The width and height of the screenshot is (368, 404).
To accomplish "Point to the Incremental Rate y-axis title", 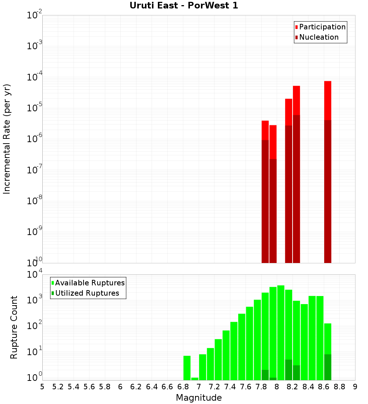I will [7, 139].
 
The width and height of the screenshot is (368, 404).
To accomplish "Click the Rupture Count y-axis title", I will [14, 327].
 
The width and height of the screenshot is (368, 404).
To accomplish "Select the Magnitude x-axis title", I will [199, 398].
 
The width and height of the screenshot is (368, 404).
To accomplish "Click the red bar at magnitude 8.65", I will [328, 99].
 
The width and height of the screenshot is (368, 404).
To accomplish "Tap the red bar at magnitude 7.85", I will [265, 130].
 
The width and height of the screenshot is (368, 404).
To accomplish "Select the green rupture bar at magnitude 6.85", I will [187, 367].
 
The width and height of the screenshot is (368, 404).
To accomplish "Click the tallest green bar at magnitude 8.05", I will [281, 331].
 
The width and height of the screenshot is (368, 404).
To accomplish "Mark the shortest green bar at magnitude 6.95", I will [195, 379].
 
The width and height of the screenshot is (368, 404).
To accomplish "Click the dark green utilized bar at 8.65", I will [328, 367].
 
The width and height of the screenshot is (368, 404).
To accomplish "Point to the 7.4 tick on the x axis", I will [230, 386].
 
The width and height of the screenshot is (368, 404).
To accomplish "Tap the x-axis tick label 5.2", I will [58, 386].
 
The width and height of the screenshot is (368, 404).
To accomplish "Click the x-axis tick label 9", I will [355, 386].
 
